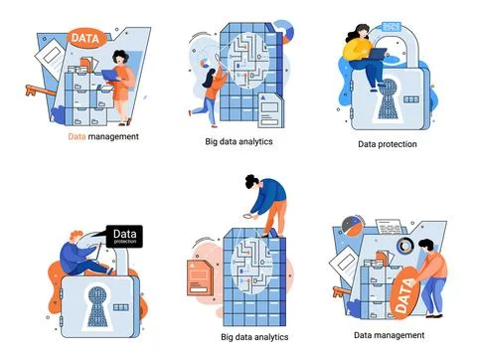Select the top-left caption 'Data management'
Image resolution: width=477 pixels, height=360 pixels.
(102, 135)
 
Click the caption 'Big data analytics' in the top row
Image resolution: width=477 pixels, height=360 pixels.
(238, 141)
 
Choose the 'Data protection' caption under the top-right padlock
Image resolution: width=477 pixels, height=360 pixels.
(387, 144)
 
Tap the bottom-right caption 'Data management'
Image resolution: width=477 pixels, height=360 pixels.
(389, 335)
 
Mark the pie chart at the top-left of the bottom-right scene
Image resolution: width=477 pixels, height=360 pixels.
(349, 226)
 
